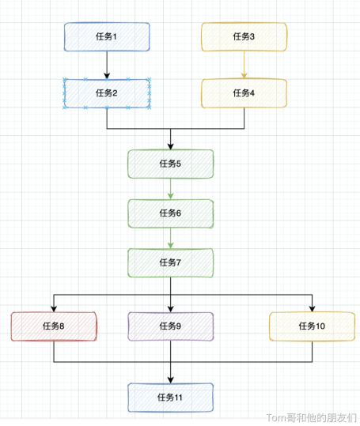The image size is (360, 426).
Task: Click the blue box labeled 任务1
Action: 107,37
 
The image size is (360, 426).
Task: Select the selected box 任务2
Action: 107,93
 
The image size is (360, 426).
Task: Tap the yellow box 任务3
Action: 244,37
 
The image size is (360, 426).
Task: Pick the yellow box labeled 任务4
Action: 244,93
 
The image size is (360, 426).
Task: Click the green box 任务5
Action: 170,164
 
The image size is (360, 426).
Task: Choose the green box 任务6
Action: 170,213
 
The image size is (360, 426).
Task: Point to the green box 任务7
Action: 170,263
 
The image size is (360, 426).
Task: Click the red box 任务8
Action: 54,326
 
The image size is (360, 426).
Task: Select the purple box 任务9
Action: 170,326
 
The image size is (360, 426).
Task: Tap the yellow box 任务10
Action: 313,326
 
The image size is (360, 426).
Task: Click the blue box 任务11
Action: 170,398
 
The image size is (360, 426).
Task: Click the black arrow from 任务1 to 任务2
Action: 107,65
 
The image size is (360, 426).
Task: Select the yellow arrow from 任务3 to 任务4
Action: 244,65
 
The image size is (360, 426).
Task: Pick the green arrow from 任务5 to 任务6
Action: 170,189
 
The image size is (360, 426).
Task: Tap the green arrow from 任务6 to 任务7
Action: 170,238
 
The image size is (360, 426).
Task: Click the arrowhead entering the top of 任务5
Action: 170,146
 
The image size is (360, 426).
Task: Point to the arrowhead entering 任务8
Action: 54,308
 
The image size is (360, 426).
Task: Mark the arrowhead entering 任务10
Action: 313,308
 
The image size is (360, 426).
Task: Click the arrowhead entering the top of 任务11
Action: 170,380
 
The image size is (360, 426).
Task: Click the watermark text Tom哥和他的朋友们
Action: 312,417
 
